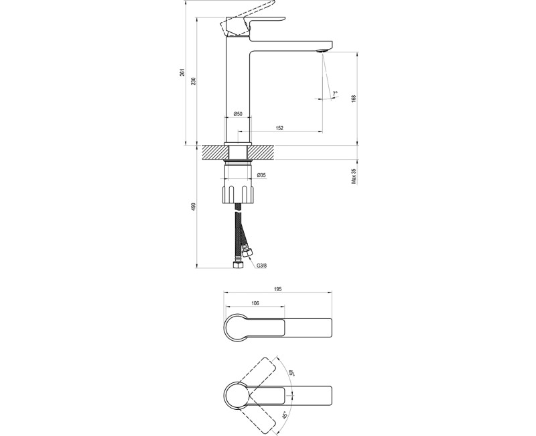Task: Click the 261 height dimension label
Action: [182, 72]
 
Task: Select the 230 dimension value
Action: [194, 81]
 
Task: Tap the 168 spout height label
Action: [354, 98]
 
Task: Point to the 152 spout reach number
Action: [279, 128]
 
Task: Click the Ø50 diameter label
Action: [238, 113]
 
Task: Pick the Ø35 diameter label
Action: [261, 175]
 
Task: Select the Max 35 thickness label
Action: [354, 176]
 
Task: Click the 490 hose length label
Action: [194, 207]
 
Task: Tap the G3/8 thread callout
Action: [262, 265]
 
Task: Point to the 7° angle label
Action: [335, 93]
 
